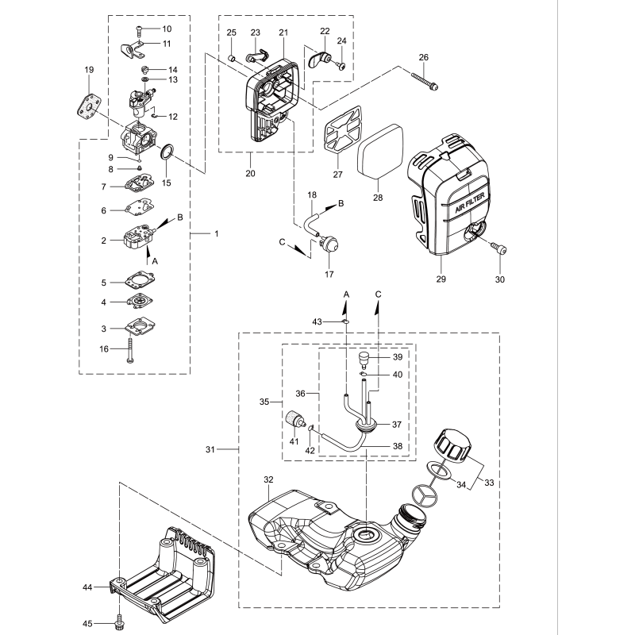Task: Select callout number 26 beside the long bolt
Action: click(x=423, y=57)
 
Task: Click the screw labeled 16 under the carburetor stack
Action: click(x=129, y=348)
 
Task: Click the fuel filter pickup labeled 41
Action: click(x=295, y=419)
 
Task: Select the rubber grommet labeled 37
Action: click(x=366, y=426)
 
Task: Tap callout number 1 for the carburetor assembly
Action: click(x=217, y=234)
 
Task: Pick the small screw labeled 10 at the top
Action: click(x=139, y=29)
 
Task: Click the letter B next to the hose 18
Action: click(x=341, y=204)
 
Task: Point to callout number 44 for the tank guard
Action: click(x=87, y=587)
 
